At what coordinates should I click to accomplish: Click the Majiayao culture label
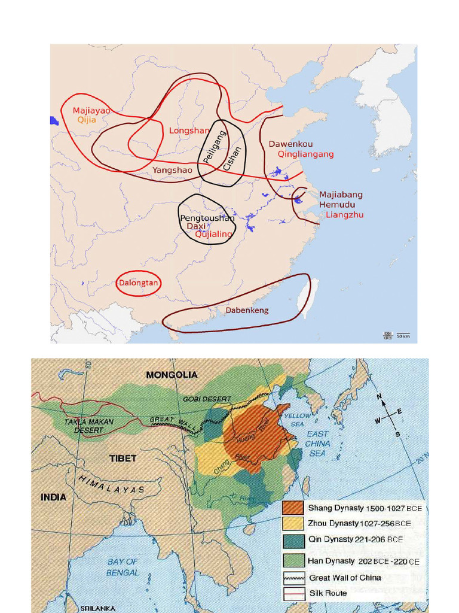[91, 110]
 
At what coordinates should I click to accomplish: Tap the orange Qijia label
[87, 120]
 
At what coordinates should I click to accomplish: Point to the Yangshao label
[172, 170]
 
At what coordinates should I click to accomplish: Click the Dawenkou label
[290, 144]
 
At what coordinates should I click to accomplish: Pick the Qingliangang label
[305, 154]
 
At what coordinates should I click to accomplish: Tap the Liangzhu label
[344, 214]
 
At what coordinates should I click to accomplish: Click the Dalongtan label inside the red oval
[138, 283]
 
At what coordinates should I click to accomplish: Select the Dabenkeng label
[247, 310]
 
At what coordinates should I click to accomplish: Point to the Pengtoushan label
[207, 219]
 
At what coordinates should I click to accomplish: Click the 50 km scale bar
[403, 335]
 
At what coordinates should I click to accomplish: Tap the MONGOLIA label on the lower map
[172, 375]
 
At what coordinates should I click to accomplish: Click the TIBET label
[123, 458]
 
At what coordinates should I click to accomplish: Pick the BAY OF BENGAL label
[123, 567]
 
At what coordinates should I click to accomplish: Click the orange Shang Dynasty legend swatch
[293, 508]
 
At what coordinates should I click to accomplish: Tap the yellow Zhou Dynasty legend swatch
[293, 524]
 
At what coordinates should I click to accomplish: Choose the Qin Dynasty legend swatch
[293, 540]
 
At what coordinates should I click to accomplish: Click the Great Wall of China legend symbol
[293, 578]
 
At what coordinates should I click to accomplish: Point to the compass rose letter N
[379, 397]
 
